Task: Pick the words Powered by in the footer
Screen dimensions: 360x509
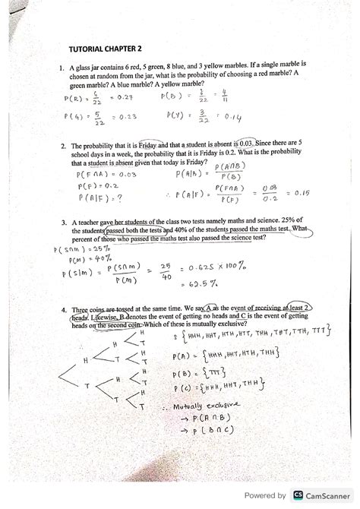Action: click(x=261, y=495)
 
